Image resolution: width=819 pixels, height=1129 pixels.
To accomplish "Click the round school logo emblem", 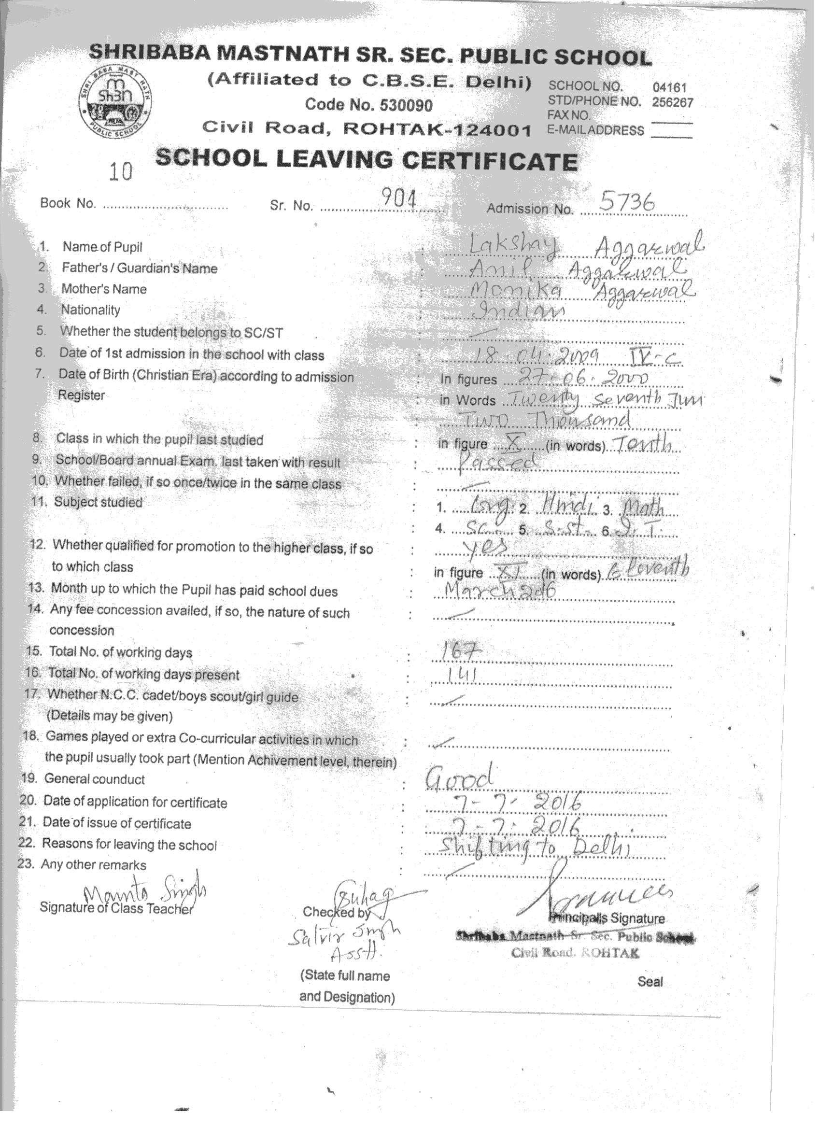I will (x=116, y=102).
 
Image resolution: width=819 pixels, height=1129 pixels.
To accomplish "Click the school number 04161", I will (x=669, y=88).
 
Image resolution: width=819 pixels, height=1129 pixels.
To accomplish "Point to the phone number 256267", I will (x=672, y=102).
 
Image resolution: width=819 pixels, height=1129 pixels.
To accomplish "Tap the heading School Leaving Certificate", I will (x=367, y=160).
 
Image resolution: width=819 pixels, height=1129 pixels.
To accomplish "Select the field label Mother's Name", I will (x=103, y=289).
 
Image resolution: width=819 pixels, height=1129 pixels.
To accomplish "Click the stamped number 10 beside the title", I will (x=121, y=172).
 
